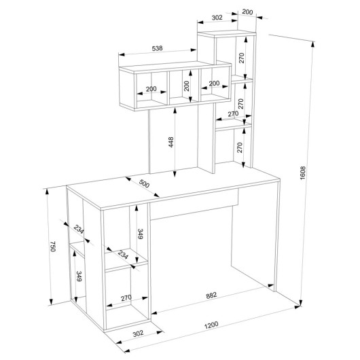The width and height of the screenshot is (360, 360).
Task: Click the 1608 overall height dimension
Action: (x=303, y=173)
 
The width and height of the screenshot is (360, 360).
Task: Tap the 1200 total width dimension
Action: (x=211, y=325)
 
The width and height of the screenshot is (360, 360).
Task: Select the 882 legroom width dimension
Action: (x=211, y=295)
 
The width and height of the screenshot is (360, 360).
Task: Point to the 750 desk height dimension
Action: (x=53, y=247)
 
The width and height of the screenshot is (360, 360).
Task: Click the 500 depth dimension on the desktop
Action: (x=144, y=183)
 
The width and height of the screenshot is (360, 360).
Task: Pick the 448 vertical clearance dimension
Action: (x=171, y=142)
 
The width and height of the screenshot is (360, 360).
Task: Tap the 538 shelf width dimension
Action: (x=158, y=48)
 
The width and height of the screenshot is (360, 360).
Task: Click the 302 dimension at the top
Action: (x=217, y=18)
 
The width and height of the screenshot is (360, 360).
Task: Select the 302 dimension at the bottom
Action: (x=138, y=334)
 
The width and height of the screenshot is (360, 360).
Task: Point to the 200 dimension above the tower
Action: (x=247, y=12)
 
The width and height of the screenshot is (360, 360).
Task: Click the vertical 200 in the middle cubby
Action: (x=187, y=86)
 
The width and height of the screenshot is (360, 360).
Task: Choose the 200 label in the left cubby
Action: (x=151, y=89)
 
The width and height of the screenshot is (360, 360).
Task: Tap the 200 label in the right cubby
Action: (x=214, y=83)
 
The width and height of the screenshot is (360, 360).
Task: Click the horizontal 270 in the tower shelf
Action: (x=233, y=113)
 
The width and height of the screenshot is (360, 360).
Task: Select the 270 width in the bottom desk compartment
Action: (x=126, y=298)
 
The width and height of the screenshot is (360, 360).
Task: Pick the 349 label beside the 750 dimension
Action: (x=79, y=276)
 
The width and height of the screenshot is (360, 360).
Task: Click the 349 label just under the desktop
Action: (x=141, y=234)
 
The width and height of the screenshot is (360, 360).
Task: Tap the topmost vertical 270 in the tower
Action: (x=242, y=58)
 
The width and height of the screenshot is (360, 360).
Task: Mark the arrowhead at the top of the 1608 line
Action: (x=312, y=44)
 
